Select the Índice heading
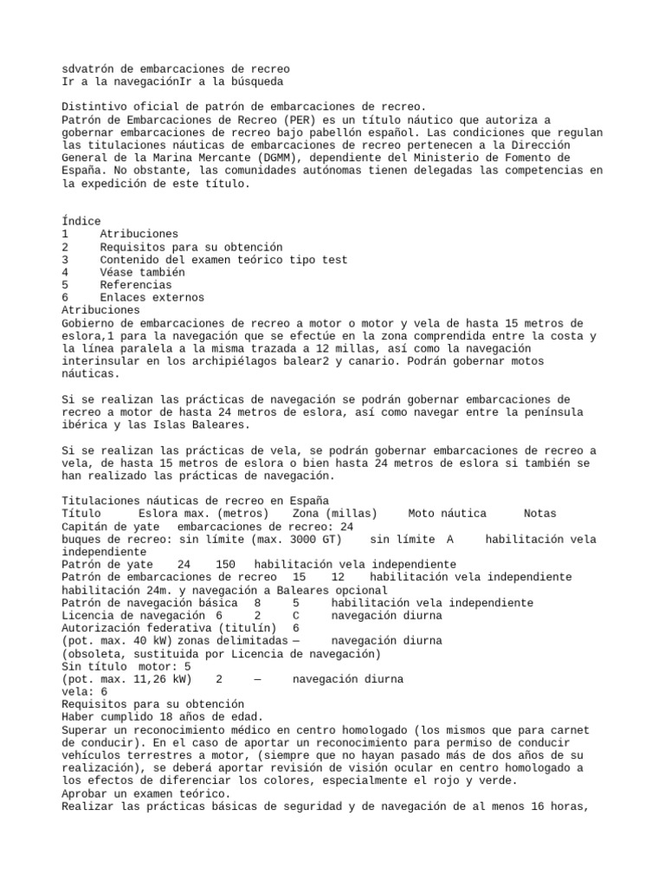[81, 221]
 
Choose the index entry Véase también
[142, 272]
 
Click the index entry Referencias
[135, 285]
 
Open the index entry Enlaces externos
[152, 297]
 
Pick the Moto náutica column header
[447, 514]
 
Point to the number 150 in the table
[225, 564]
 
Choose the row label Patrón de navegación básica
[148, 603]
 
